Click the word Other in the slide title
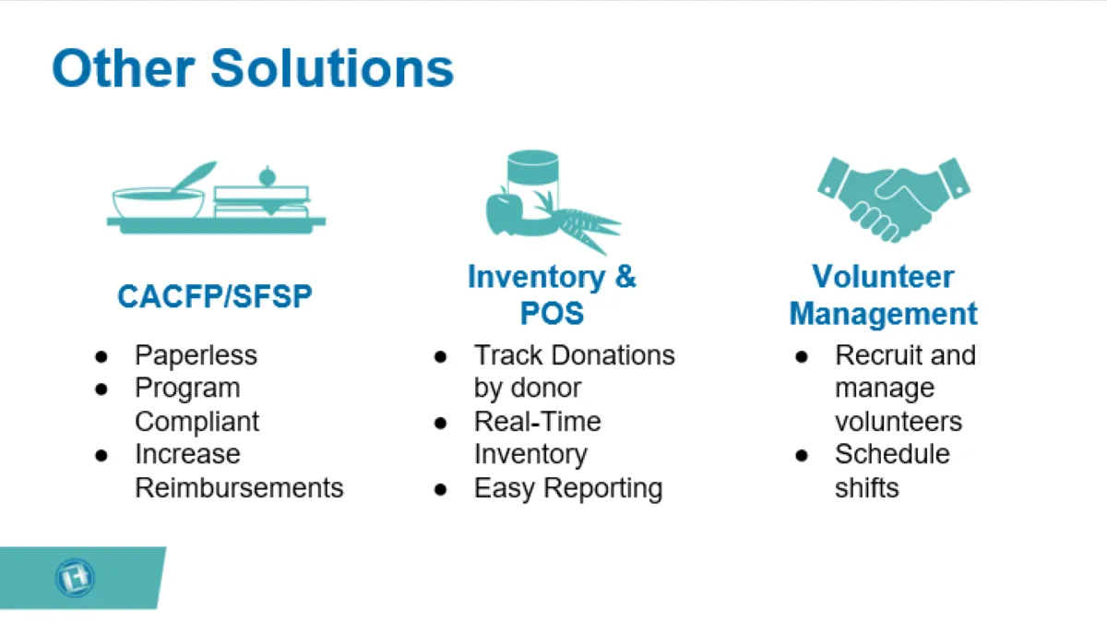tap(123, 68)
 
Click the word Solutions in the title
tap(332, 68)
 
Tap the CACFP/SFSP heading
tap(214, 296)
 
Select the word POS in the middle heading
tap(552, 313)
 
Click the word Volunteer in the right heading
tap(883, 276)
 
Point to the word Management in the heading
tap(883, 314)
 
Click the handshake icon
tap(894, 199)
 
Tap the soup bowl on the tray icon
tap(158, 203)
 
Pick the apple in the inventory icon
tap(504, 212)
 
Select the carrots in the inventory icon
tap(578, 222)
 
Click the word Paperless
tap(196, 355)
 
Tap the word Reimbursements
tap(239, 488)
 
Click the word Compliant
tap(196, 422)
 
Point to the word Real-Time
tap(537, 422)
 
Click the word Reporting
tap(603, 489)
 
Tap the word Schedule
tap(892, 454)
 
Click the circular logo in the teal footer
tap(75, 578)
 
